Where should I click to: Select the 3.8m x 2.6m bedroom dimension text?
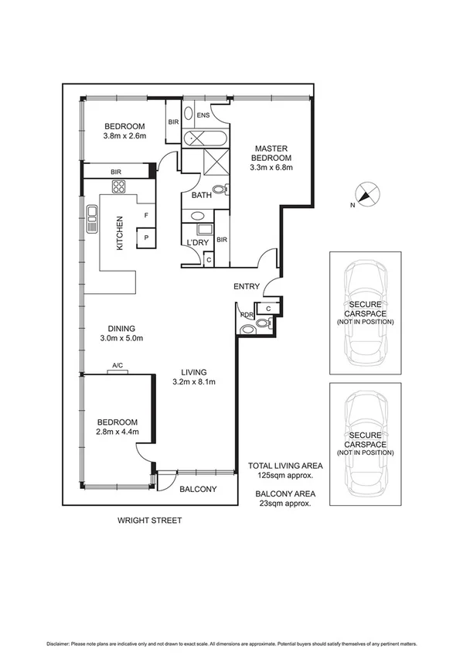pyautogui.click(x=124, y=137)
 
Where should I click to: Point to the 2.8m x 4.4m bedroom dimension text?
pyautogui.click(x=116, y=432)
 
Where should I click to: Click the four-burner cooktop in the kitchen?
pyautogui.click(x=120, y=186)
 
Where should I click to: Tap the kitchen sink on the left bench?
pyautogui.click(x=92, y=219)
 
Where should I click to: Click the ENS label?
pyautogui.click(x=203, y=115)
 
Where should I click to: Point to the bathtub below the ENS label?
pyautogui.click(x=203, y=139)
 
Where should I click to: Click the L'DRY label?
pyautogui.click(x=198, y=243)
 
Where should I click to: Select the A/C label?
pyautogui.click(x=118, y=366)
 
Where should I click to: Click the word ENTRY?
pyautogui.click(x=247, y=287)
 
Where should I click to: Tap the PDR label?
pyautogui.click(x=247, y=315)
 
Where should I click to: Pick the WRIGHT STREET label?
pyautogui.click(x=149, y=521)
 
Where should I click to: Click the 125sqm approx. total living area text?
pyautogui.click(x=280, y=477)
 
